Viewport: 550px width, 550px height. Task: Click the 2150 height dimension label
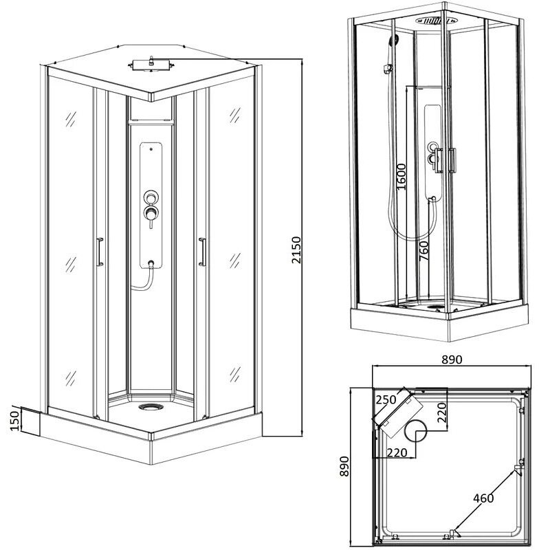[x=296, y=250]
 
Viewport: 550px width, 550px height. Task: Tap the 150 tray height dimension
[x=14, y=421]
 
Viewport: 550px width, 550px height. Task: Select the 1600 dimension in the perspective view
[x=401, y=177]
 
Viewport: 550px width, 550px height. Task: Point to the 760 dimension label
[x=424, y=250]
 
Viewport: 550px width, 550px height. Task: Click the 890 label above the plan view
[x=452, y=360]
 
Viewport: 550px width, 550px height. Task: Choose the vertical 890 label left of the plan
[x=345, y=466]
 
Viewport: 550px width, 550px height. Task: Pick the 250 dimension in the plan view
[x=386, y=399]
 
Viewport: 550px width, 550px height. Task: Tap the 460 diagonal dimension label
[x=483, y=498]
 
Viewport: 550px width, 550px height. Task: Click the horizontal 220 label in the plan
[x=397, y=452]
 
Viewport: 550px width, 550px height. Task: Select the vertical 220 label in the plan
[x=441, y=412]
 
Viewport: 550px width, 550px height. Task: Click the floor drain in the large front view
[x=151, y=407]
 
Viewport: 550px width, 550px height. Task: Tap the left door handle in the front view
[x=100, y=252]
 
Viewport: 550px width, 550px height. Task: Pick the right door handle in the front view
[x=202, y=252]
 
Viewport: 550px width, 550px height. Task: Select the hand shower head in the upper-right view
[x=393, y=39]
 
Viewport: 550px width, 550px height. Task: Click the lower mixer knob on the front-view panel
[x=151, y=212]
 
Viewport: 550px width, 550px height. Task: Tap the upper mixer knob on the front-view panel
[x=151, y=197]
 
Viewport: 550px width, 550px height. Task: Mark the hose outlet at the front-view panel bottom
[x=151, y=263]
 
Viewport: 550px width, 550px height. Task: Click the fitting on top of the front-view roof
[x=151, y=64]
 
